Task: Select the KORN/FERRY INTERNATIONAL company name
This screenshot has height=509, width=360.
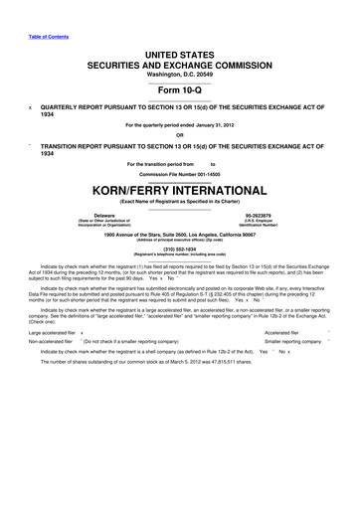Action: click(x=179, y=188)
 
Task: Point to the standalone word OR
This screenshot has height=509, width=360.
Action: click(x=179, y=135)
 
